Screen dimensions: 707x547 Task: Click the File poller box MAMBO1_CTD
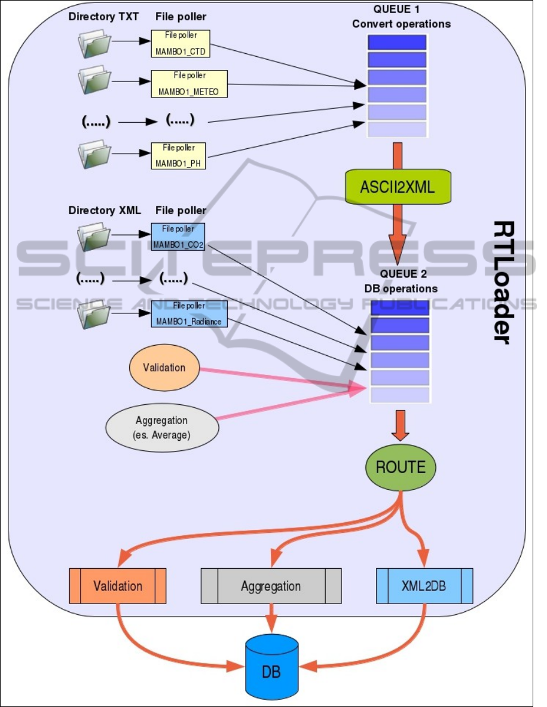click(x=180, y=43)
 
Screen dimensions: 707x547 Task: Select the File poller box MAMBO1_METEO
click(x=189, y=84)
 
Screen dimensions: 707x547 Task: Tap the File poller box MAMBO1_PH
click(x=179, y=156)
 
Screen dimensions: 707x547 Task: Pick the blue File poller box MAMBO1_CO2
click(x=179, y=236)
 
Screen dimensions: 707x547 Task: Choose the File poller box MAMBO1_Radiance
click(x=189, y=313)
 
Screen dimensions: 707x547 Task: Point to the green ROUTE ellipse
click(x=401, y=467)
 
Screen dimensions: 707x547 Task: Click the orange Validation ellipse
click(x=164, y=367)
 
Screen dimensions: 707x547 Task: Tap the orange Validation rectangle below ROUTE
click(x=118, y=586)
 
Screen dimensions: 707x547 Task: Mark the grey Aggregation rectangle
click(x=271, y=586)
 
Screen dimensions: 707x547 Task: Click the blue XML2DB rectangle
click(x=424, y=586)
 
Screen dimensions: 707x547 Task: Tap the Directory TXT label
click(x=103, y=17)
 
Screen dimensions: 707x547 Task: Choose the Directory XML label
click(x=105, y=211)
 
